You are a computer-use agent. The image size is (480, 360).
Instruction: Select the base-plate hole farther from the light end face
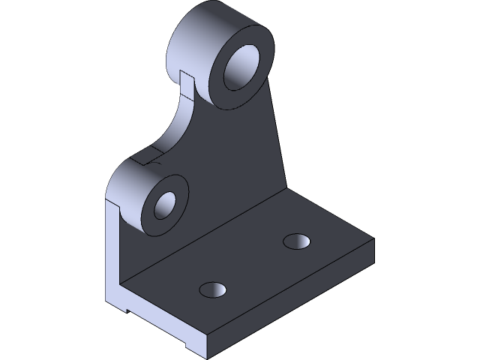tap(298, 241)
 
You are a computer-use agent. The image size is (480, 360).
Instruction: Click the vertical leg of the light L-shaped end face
tap(112, 255)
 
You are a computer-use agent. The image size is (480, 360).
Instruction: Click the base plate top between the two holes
tap(255, 266)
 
